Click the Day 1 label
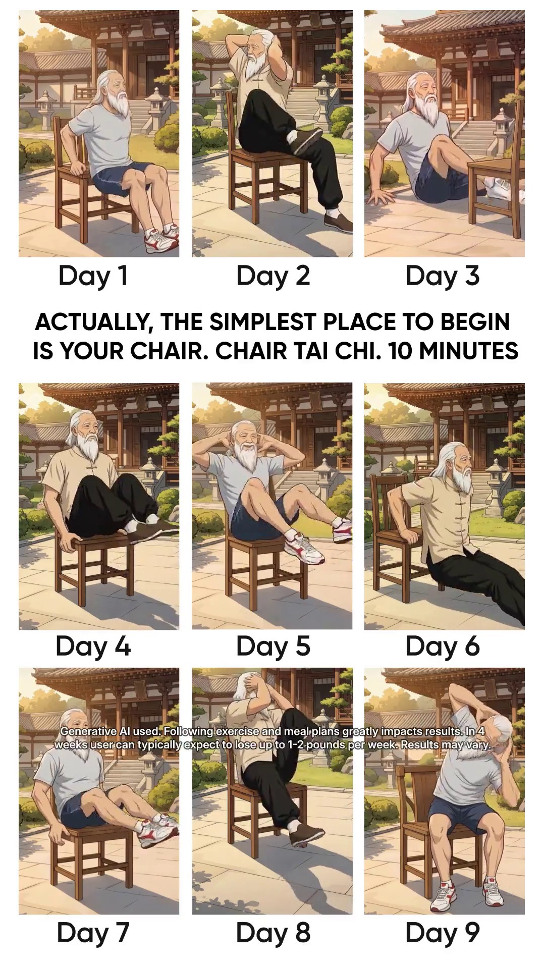(x=93, y=276)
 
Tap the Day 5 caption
(x=273, y=647)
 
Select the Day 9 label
(x=443, y=932)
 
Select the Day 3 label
(x=443, y=276)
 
